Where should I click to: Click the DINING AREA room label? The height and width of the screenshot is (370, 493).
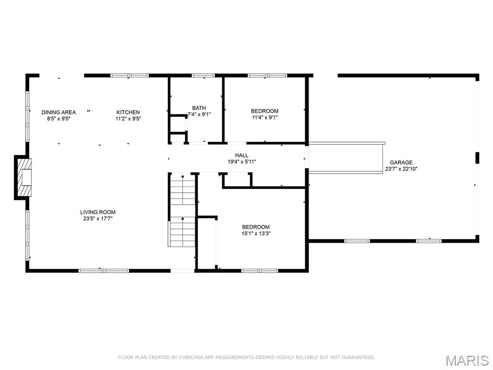pyautogui.click(x=58, y=112)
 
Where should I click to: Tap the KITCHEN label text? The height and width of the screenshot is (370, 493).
pyautogui.click(x=128, y=112)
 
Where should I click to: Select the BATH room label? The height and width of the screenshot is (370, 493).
pyautogui.click(x=199, y=108)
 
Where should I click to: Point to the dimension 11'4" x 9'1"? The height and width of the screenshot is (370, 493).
pyautogui.click(x=264, y=118)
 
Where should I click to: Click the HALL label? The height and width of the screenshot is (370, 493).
pyautogui.click(x=242, y=155)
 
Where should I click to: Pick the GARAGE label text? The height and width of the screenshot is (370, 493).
pyautogui.click(x=401, y=162)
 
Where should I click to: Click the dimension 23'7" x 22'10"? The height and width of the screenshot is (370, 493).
pyautogui.click(x=401, y=169)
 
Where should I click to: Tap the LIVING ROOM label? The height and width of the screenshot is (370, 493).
pyautogui.click(x=98, y=212)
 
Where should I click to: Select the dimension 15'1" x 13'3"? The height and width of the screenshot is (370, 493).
pyautogui.click(x=256, y=234)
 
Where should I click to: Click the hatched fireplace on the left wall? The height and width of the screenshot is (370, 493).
pyautogui.click(x=24, y=177)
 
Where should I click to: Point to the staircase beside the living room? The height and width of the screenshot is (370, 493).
pyautogui.click(x=182, y=210)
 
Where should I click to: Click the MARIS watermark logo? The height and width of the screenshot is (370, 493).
pyautogui.click(x=467, y=360)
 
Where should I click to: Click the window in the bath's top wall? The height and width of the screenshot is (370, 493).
pyautogui.click(x=203, y=76)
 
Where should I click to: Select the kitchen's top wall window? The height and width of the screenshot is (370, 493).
pyautogui.click(x=130, y=76)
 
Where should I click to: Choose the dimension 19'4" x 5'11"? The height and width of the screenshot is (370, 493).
pyautogui.click(x=242, y=162)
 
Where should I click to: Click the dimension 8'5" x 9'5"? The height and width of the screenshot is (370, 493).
pyautogui.click(x=58, y=119)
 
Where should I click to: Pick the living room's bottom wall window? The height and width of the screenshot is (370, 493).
pyautogui.click(x=104, y=271)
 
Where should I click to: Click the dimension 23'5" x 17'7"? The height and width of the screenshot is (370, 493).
pyautogui.click(x=98, y=219)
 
